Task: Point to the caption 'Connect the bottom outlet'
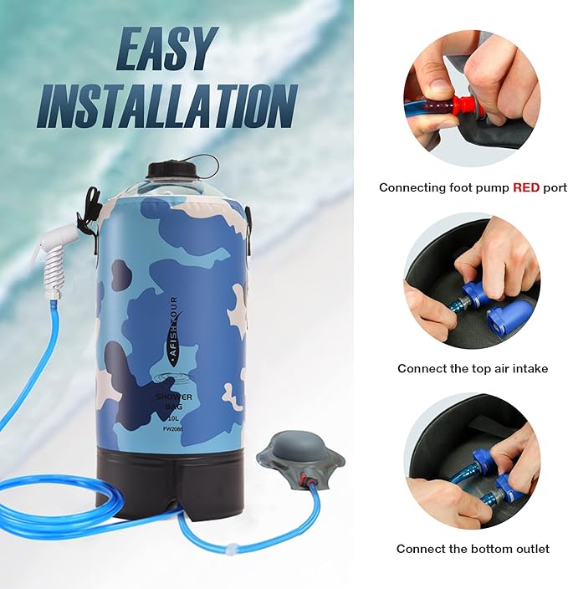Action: [473, 549]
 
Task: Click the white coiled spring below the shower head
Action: [54, 273]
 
